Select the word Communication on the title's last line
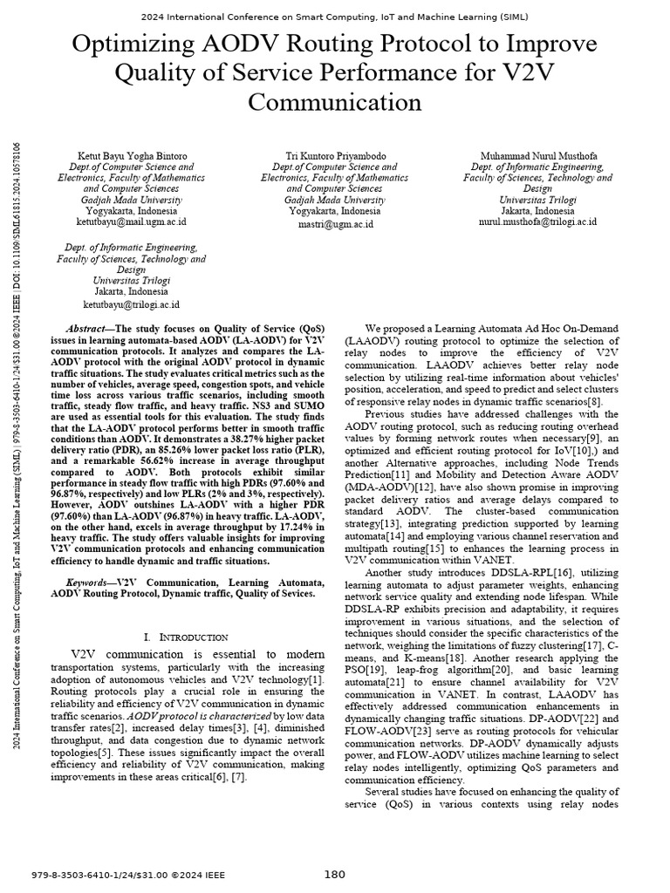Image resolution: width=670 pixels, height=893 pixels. pyautogui.click(x=334, y=102)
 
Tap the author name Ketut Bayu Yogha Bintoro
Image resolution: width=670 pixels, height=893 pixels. pyautogui.click(x=131, y=156)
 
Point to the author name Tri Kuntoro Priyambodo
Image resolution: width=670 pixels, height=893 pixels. pyautogui.click(x=330, y=156)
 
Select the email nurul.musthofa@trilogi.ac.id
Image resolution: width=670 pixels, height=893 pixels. pyautogui.click(x=537, y=223)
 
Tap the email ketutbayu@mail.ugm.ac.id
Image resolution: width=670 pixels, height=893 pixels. pyautogui.click(x=131, y=223)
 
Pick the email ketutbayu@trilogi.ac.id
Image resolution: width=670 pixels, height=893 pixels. pyautogui.click(x=131, y=305)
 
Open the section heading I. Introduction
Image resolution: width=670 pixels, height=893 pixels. pyautogui.click(x=185, y=637)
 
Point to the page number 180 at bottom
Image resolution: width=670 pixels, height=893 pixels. pyautogui.click(x=335, y=875)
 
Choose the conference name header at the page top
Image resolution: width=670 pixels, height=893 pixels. pyautogui.click(x=334, y=15)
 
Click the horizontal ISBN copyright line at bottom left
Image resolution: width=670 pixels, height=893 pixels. pyautogui.click(x=127, y=875)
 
